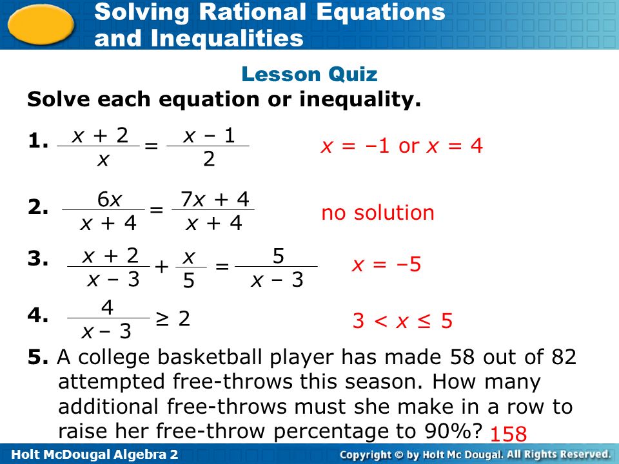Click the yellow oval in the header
point(41,24)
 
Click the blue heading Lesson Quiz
point(309,74)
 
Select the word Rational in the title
point(253,12)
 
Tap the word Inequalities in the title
point(227,38)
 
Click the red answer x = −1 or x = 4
point(402,146)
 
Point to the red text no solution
point(378,213)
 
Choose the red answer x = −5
point(386,264)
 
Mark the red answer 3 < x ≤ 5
point(402,320)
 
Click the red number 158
point(509,434)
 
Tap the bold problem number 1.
point(38,140)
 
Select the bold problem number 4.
point(38,315)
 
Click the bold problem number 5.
point(38,357)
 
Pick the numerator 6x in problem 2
point(110,199)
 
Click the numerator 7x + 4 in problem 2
point(215,199)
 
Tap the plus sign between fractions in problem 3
point(161,267)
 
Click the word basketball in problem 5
point(209,356)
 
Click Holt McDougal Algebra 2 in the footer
point(95,454)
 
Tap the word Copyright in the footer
point(365,454)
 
